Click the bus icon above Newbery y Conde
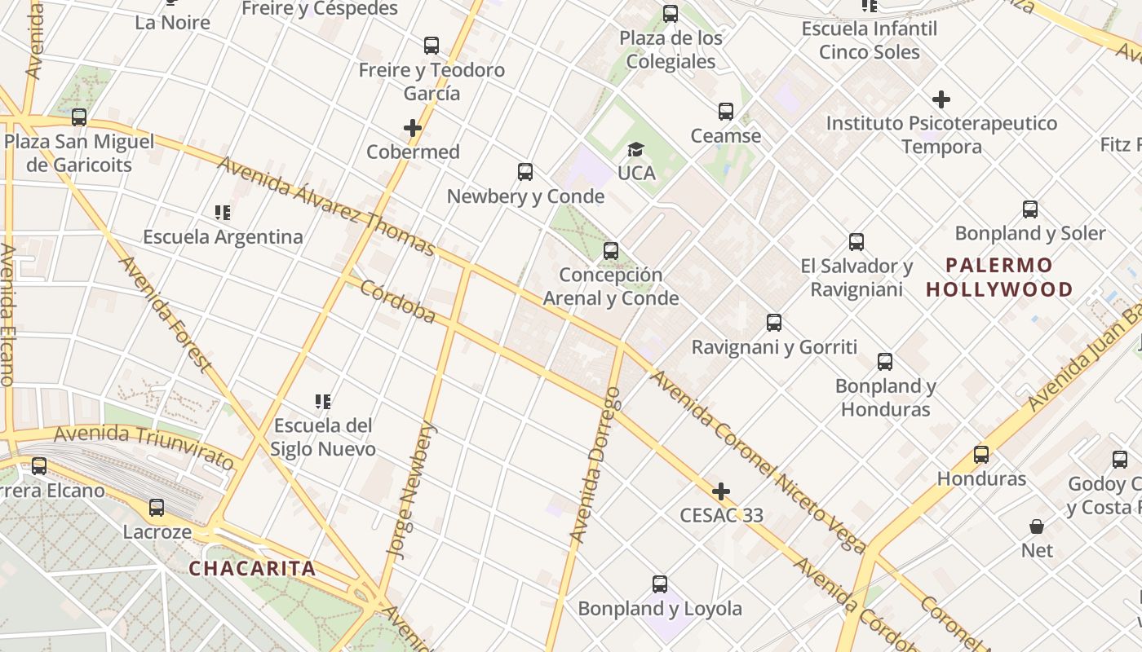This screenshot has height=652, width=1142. click(x=525, y=172)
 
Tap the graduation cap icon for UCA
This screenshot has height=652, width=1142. click(x=635, y=149)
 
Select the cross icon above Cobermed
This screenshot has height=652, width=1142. click(x=413, y=128)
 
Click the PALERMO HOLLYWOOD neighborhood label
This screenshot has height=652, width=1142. click(x=999, y=277)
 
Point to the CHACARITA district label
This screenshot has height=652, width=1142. click(x=252, y=568)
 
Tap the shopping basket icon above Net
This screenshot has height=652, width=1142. click(x=1037, y=526)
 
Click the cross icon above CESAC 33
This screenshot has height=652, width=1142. click(x=721, y=491)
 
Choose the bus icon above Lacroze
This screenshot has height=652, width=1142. click(x=157, y=508)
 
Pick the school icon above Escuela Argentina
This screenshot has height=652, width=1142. click(x=223, y=213)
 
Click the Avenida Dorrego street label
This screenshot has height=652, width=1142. click(x=595, y=465)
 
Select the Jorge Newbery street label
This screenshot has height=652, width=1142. click(x=413, y=490)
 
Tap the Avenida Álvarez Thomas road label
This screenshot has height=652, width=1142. click(x=326, y=206)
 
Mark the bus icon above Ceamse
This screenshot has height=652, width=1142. click(x=726, y=112)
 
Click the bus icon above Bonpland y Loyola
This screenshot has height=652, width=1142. click(x=660, y=584)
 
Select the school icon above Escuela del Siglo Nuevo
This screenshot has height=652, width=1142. click(x=323, y=402)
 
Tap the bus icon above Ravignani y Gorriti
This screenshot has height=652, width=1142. click(x=774, y=323)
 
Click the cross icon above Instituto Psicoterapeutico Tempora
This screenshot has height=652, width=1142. click(x=941, y=99)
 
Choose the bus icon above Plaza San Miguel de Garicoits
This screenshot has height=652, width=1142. click(x=79, y=117)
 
